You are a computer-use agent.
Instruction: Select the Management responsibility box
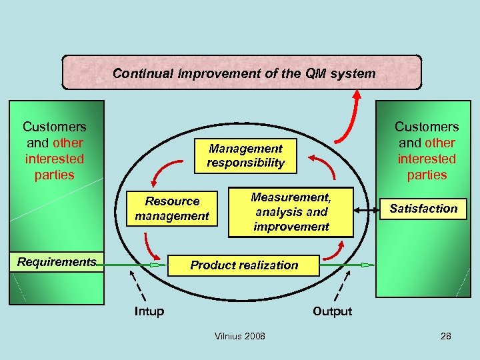coord(245,155)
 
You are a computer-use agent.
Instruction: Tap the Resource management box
coord(173,209)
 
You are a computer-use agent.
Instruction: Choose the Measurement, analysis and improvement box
coord(291,211)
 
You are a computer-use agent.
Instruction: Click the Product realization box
coord(244,265)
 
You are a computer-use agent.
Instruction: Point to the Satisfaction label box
coord(423,209)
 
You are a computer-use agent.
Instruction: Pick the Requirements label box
coord(57,262)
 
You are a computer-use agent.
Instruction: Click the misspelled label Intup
coord(149,311)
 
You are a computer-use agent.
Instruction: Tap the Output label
coord(332,311)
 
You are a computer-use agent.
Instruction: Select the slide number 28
coord(445,336)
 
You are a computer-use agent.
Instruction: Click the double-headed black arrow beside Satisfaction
coord(365,211)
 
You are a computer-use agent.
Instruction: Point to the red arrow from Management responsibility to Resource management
coord(164,170)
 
